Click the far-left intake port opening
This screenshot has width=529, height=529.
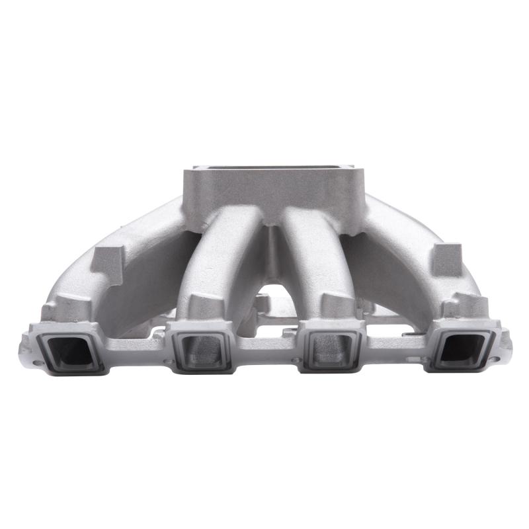coord(70,350)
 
